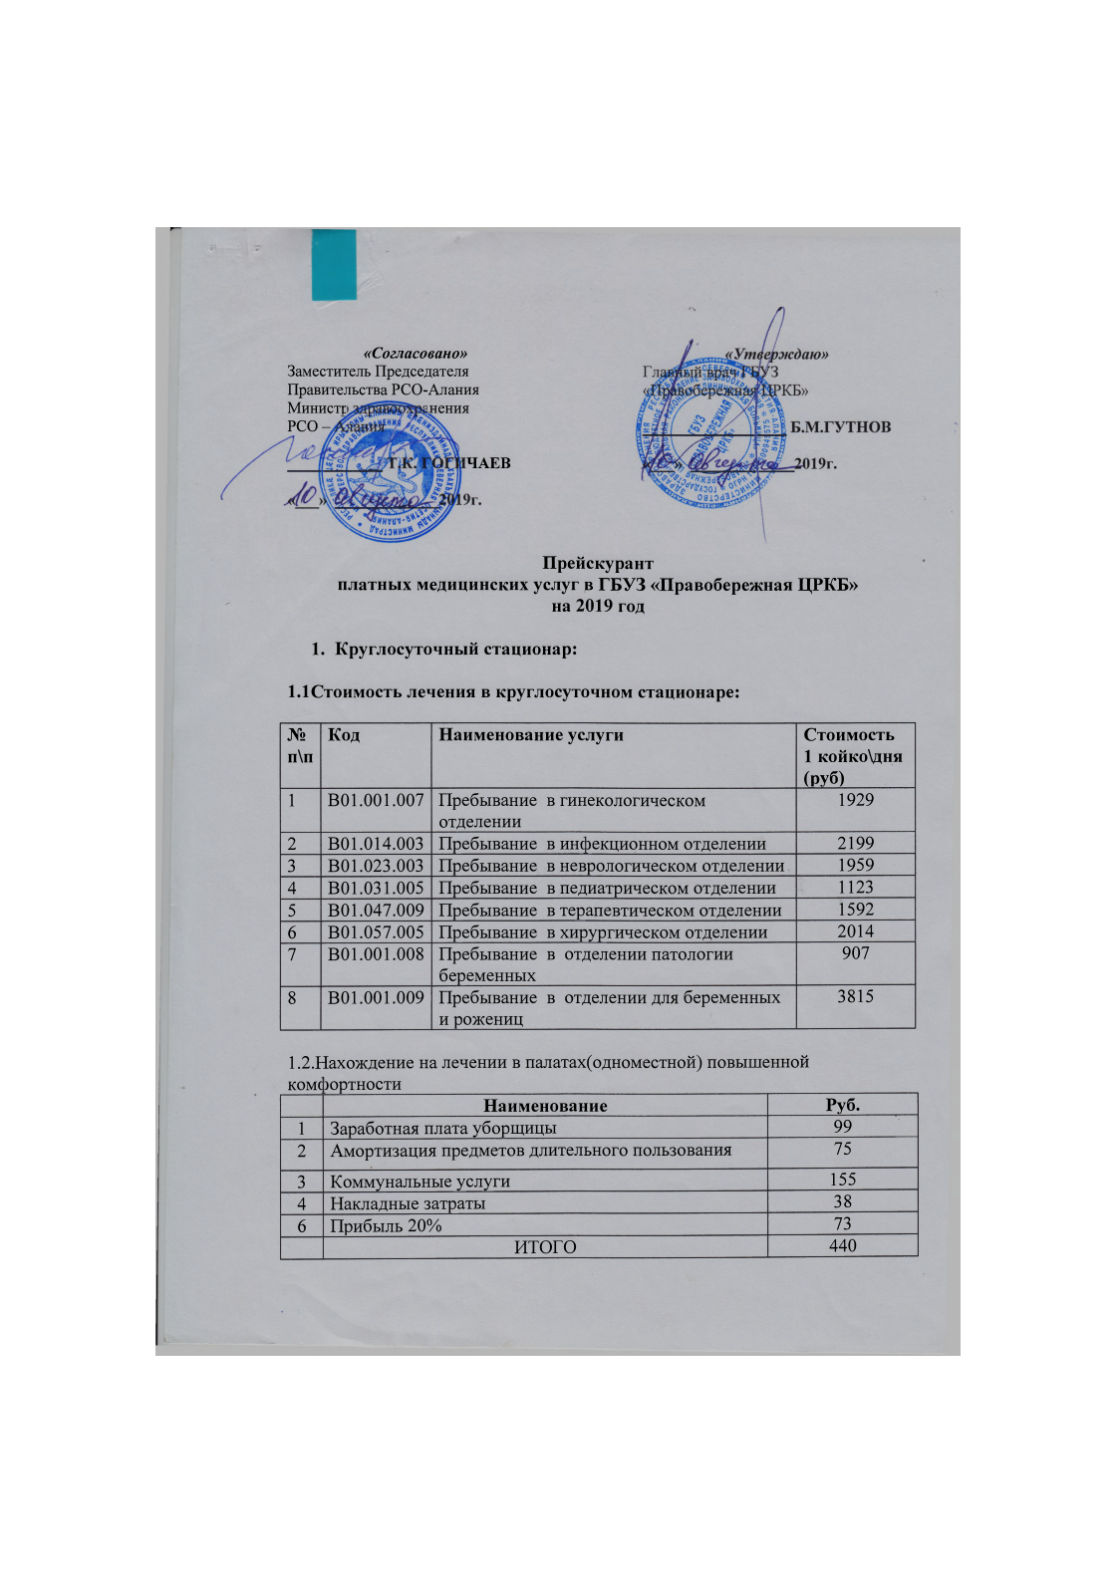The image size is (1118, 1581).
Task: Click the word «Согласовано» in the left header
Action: click(416, 354)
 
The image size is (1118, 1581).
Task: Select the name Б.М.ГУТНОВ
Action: click(840, 427)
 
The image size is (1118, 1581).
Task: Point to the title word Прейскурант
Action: click(598, 564)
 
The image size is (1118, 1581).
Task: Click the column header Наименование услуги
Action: click(531, 735)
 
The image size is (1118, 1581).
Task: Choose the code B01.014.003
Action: click(376, 844)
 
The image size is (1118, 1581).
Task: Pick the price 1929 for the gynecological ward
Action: click(855, 800)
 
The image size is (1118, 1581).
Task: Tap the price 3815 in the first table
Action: click(855, 996)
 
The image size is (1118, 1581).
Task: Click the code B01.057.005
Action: click(376, 932)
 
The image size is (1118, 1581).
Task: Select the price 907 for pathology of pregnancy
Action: click(855, 953)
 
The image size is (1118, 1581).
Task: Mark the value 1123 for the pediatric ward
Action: click(855, 887)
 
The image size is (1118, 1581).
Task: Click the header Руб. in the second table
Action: click(843, 1105)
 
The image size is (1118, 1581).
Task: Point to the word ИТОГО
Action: click(545, 1247)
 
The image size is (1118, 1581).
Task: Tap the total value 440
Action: click(843, 1246)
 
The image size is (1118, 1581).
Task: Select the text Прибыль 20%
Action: click(386, 1225)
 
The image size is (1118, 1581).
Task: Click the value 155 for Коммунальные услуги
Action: click(843, 1180)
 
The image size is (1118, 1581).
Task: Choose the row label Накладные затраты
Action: click(408, 1203)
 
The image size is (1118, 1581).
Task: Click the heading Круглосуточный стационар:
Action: click(456, 650)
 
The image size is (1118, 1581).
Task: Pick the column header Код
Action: click(344, 735)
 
